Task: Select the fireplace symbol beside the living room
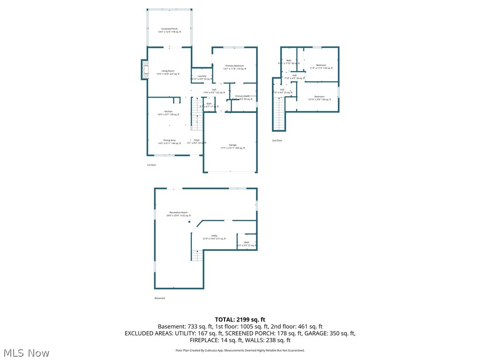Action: coord(144,69)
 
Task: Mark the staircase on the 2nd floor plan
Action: coord(279,114)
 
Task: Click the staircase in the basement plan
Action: coord(197,255)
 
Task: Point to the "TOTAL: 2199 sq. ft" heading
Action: coord(240,320)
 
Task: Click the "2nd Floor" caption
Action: coord(277,140)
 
